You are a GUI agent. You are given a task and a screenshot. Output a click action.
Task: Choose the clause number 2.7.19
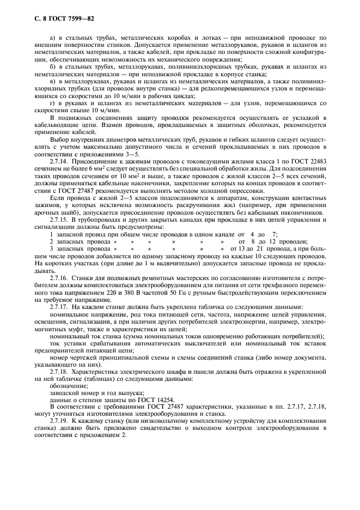point(59,421)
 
